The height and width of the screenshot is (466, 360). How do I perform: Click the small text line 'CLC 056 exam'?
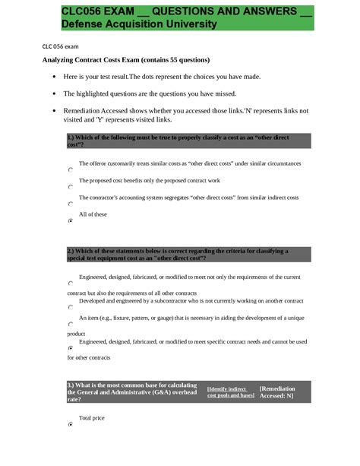click(62, 46)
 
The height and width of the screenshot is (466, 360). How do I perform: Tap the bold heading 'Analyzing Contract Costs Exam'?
click(125, 59)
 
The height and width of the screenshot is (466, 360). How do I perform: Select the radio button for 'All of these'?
click(71, 220)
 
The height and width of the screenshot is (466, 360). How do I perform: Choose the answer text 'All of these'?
click(93, 214)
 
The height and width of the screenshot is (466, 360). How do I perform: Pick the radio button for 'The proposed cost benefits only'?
click(71, 187)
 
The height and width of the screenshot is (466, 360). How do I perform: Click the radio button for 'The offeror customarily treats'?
click(71, 170)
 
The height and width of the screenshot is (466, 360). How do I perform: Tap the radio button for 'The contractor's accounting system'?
click(71, 204)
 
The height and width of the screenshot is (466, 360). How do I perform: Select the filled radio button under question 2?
click(71, 347)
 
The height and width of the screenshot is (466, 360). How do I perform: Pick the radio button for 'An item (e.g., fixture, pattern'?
click(71, 324)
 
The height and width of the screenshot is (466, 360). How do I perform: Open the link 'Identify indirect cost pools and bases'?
click(230, 392)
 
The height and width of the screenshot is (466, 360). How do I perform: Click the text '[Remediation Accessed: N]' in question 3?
click(277, 392)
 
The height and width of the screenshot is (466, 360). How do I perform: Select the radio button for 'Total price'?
click(71, 424)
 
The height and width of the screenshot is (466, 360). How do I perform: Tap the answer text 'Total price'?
click(91, 418)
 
